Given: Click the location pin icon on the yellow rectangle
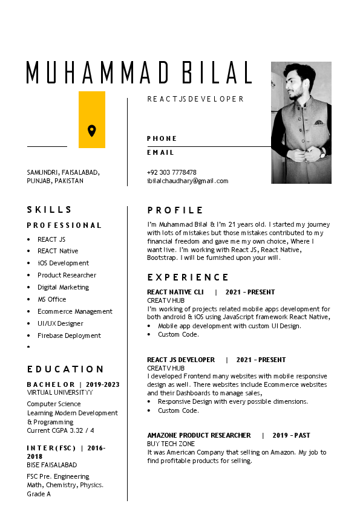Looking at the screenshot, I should (91, 131).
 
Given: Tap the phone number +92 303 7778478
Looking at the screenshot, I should (171, 172).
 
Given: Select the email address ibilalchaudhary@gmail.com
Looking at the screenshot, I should (188, 181).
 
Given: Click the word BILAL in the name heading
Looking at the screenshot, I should (212, 73).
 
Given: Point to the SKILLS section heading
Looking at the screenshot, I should (50, 210).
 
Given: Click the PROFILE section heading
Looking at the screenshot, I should (175, 210).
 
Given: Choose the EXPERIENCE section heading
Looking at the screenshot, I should (188, 277).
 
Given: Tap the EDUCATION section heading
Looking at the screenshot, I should (65, 369).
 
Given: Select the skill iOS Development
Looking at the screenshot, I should (63, 263).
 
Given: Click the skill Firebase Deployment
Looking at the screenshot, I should (69, 336).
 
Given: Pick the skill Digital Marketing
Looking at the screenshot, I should (63, 287).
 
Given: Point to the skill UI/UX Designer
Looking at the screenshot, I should (60, 323).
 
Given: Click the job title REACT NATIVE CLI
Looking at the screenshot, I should (175, 292).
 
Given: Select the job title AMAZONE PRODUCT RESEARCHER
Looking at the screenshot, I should (199, 435).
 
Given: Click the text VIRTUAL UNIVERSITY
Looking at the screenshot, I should (60, 392).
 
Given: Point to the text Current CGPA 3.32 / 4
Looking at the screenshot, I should (61, 430).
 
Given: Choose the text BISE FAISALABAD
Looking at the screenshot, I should (52, 465).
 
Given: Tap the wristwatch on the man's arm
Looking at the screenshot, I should (322, 154).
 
